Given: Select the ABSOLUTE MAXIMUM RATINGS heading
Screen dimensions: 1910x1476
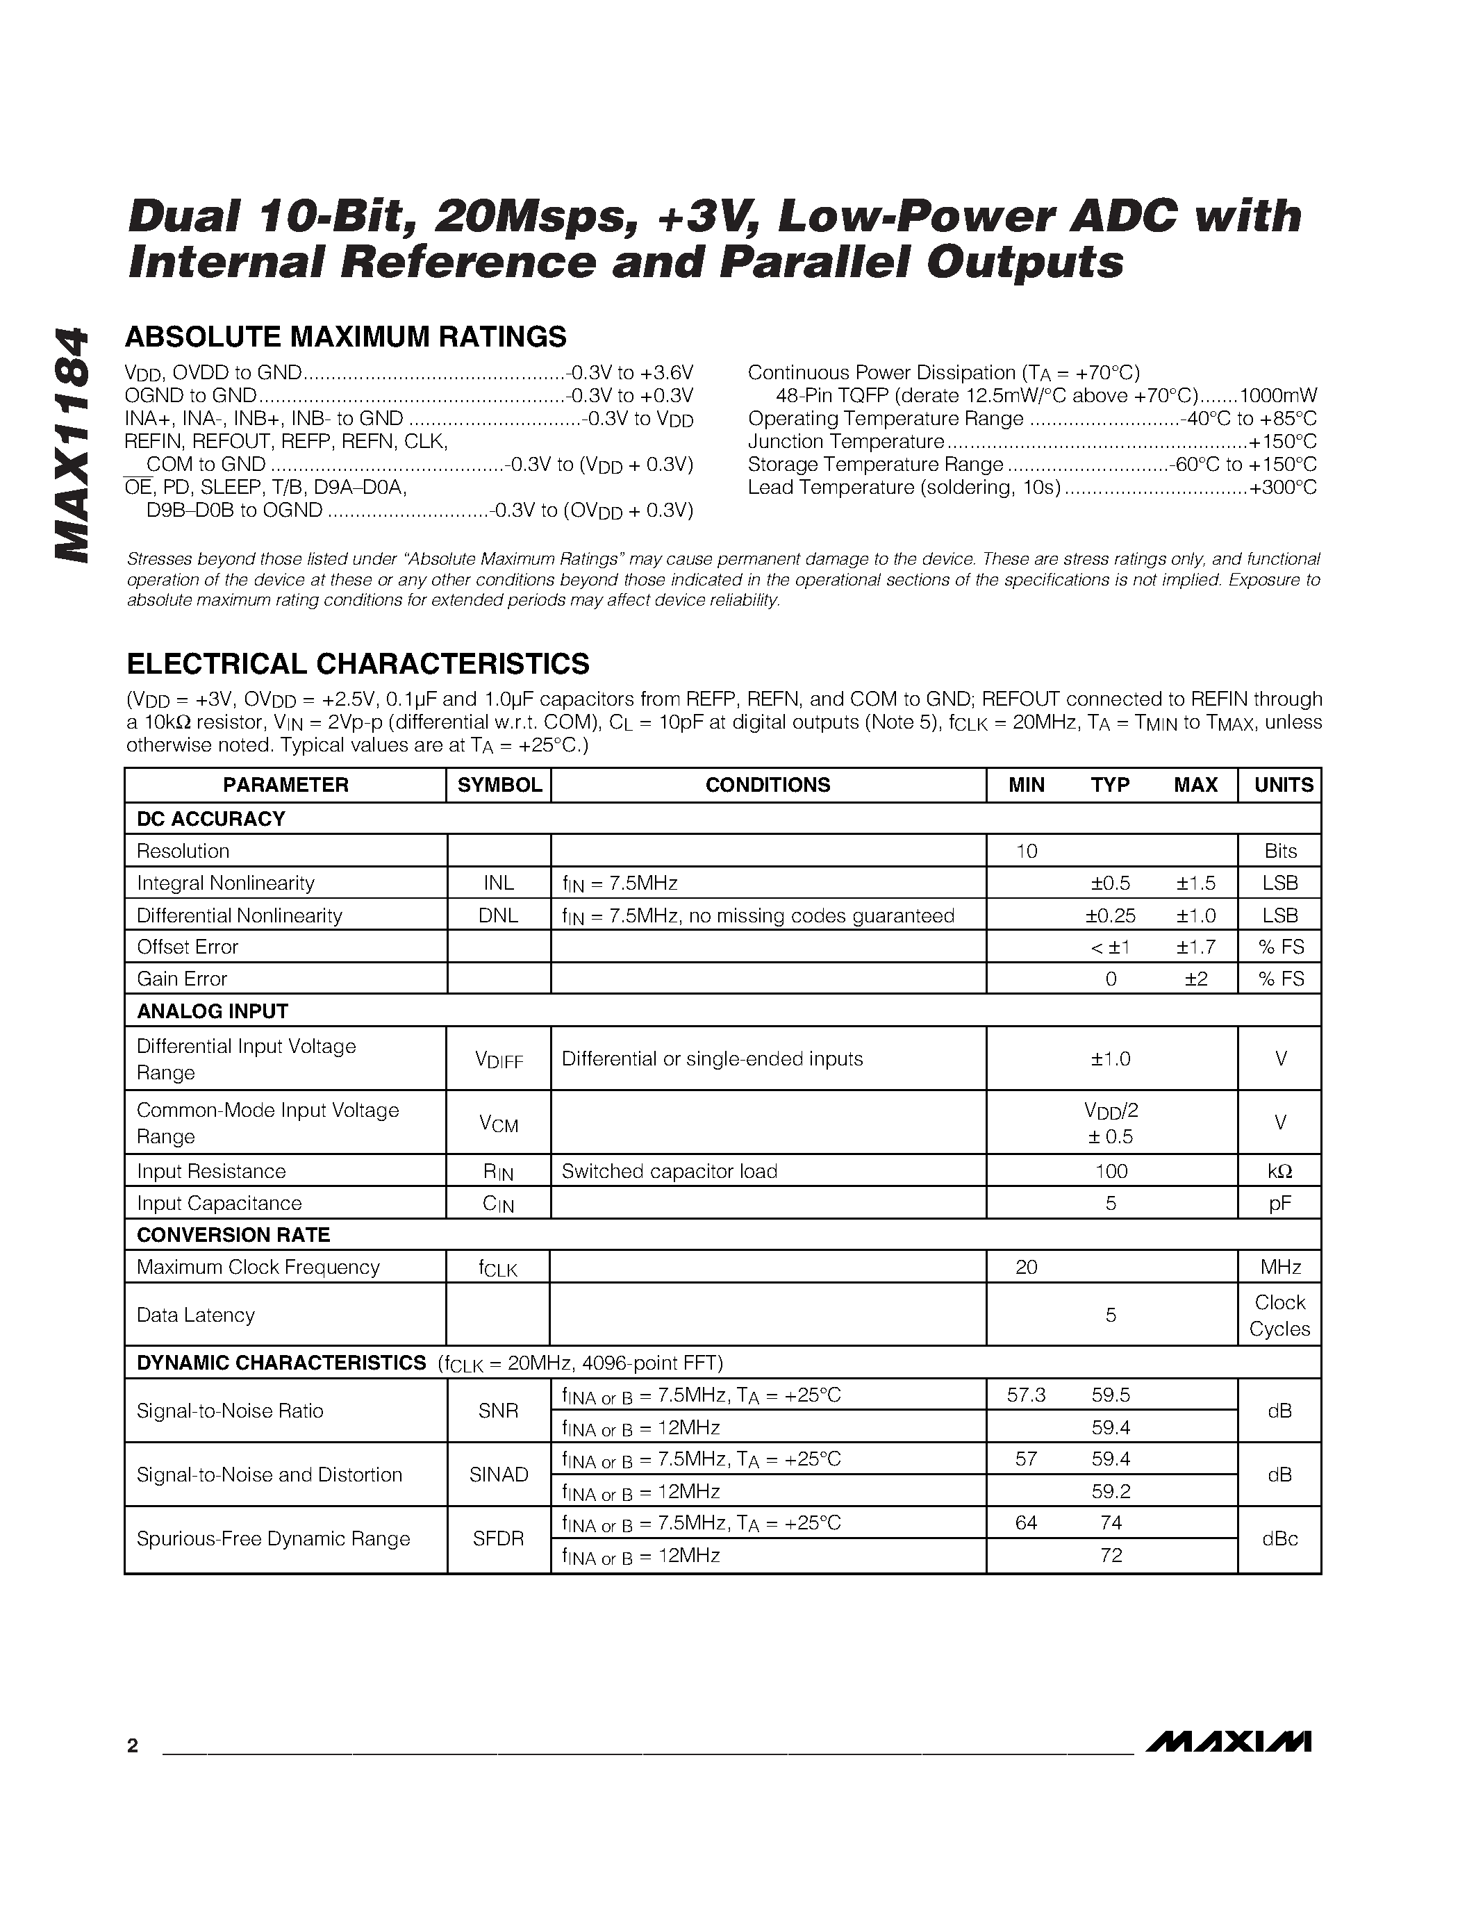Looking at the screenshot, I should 347,337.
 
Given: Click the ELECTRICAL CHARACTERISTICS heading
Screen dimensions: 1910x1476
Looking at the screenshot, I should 358,664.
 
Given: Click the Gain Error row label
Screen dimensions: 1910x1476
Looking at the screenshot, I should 182,979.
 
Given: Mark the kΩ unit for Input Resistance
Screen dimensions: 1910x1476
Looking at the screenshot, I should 1280,1171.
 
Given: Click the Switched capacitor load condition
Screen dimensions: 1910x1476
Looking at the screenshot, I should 669,1171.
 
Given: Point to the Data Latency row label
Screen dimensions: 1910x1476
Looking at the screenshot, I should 196,1315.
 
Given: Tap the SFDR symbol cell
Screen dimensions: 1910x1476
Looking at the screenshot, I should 499,1538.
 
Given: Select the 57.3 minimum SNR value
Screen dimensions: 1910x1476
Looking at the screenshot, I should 1026,1395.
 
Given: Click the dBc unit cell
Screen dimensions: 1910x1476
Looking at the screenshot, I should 1279,1538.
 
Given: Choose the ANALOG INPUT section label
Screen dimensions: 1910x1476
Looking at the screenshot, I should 213,1011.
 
